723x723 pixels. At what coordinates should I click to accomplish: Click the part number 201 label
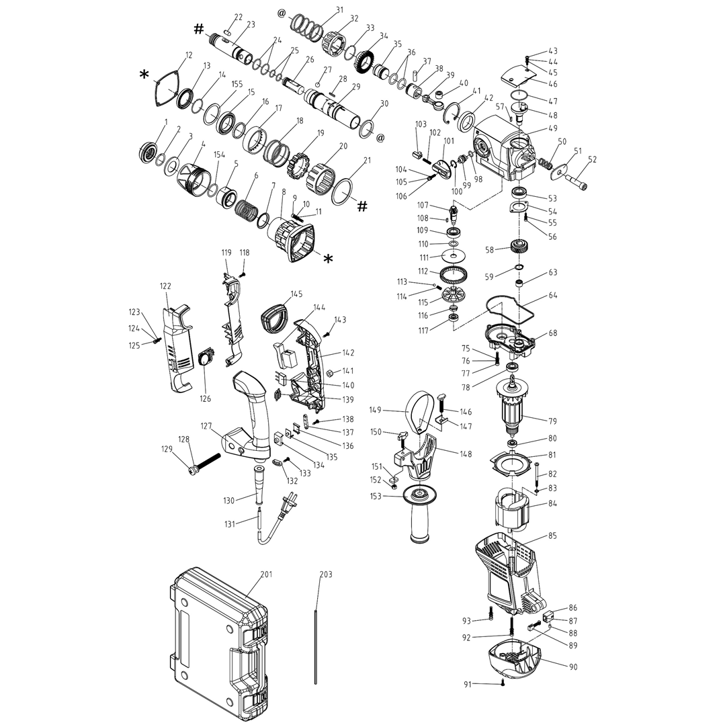[x=267, y=575]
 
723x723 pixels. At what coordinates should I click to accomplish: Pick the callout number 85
[x=552, y=536]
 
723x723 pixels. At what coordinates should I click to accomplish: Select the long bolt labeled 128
[x=205, y=462]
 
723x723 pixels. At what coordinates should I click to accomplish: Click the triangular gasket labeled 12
[x=165, y=89]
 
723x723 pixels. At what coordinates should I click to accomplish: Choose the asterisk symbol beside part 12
[x=144, y=75]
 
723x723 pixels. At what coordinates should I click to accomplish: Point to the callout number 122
[x=166, y=286]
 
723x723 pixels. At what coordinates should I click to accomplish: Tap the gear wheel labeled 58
[x=520, y=247]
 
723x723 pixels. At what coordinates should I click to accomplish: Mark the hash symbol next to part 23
[x=199, y=28]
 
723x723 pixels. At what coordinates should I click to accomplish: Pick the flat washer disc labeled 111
[x=454, y=257]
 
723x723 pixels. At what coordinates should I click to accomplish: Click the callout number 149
[x=376, y=410]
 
